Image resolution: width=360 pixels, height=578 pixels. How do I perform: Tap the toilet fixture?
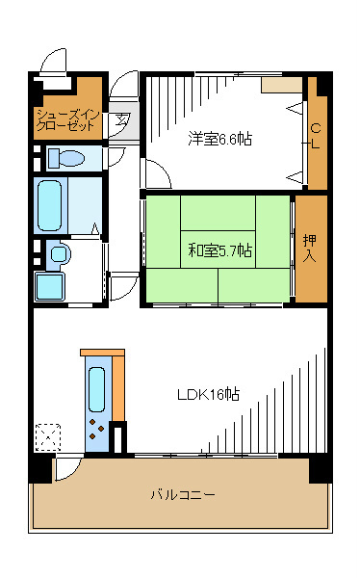pos(66,158)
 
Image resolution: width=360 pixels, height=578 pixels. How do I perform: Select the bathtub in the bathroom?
pos(51,202)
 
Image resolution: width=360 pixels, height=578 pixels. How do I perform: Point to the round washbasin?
pos(59,254)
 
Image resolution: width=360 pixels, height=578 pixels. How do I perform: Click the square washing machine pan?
pos(50,286)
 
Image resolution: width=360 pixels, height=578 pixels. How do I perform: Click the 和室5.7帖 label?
pos(220,250)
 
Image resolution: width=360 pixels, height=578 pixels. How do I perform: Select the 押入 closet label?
pos(310,248)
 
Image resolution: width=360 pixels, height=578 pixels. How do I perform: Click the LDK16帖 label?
pos(208,395)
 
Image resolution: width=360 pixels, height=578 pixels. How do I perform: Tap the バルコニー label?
pos(182,495)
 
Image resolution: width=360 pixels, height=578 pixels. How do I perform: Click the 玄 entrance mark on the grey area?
pos(122,121)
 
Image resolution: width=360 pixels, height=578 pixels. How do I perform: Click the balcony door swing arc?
pos(67,470)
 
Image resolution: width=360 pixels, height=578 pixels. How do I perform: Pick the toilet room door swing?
pos(116,157)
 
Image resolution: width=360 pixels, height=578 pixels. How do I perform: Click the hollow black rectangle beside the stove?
pos(118,439)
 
